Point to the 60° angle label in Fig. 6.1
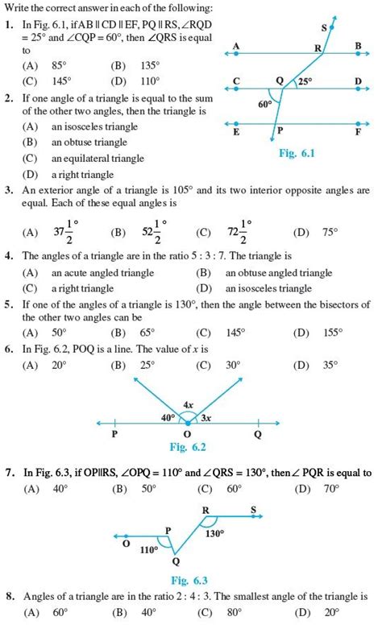265,105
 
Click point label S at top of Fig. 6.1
324,28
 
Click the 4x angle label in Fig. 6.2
188,404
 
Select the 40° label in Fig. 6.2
167,417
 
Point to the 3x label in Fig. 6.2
206,417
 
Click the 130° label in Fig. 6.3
214,532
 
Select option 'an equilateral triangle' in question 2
95,158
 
